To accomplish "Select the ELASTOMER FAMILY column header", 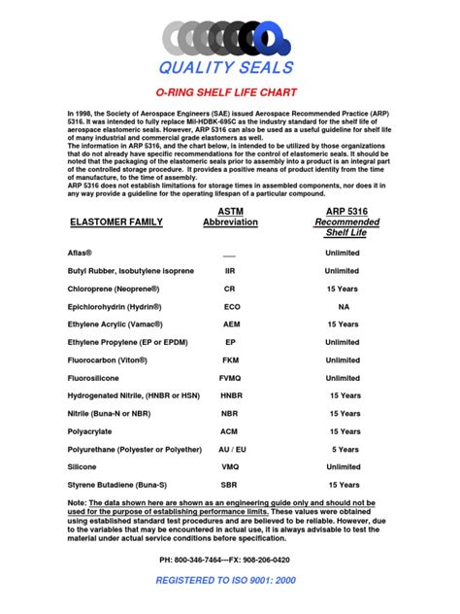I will point(116,222).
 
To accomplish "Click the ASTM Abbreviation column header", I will point(230,216).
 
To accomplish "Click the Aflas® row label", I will point(82,253).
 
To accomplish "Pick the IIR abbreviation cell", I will point(230,271).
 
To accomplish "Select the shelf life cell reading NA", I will point(343,306).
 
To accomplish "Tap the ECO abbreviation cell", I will point(230,306).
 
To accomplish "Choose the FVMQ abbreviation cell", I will point(230,378).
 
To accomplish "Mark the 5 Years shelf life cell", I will point(345,449).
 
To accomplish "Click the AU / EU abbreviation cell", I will point(230,449).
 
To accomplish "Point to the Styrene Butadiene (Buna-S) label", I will point(118,485).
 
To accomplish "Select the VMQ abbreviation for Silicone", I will point(230,466).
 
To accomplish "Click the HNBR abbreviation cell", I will point(230,395).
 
